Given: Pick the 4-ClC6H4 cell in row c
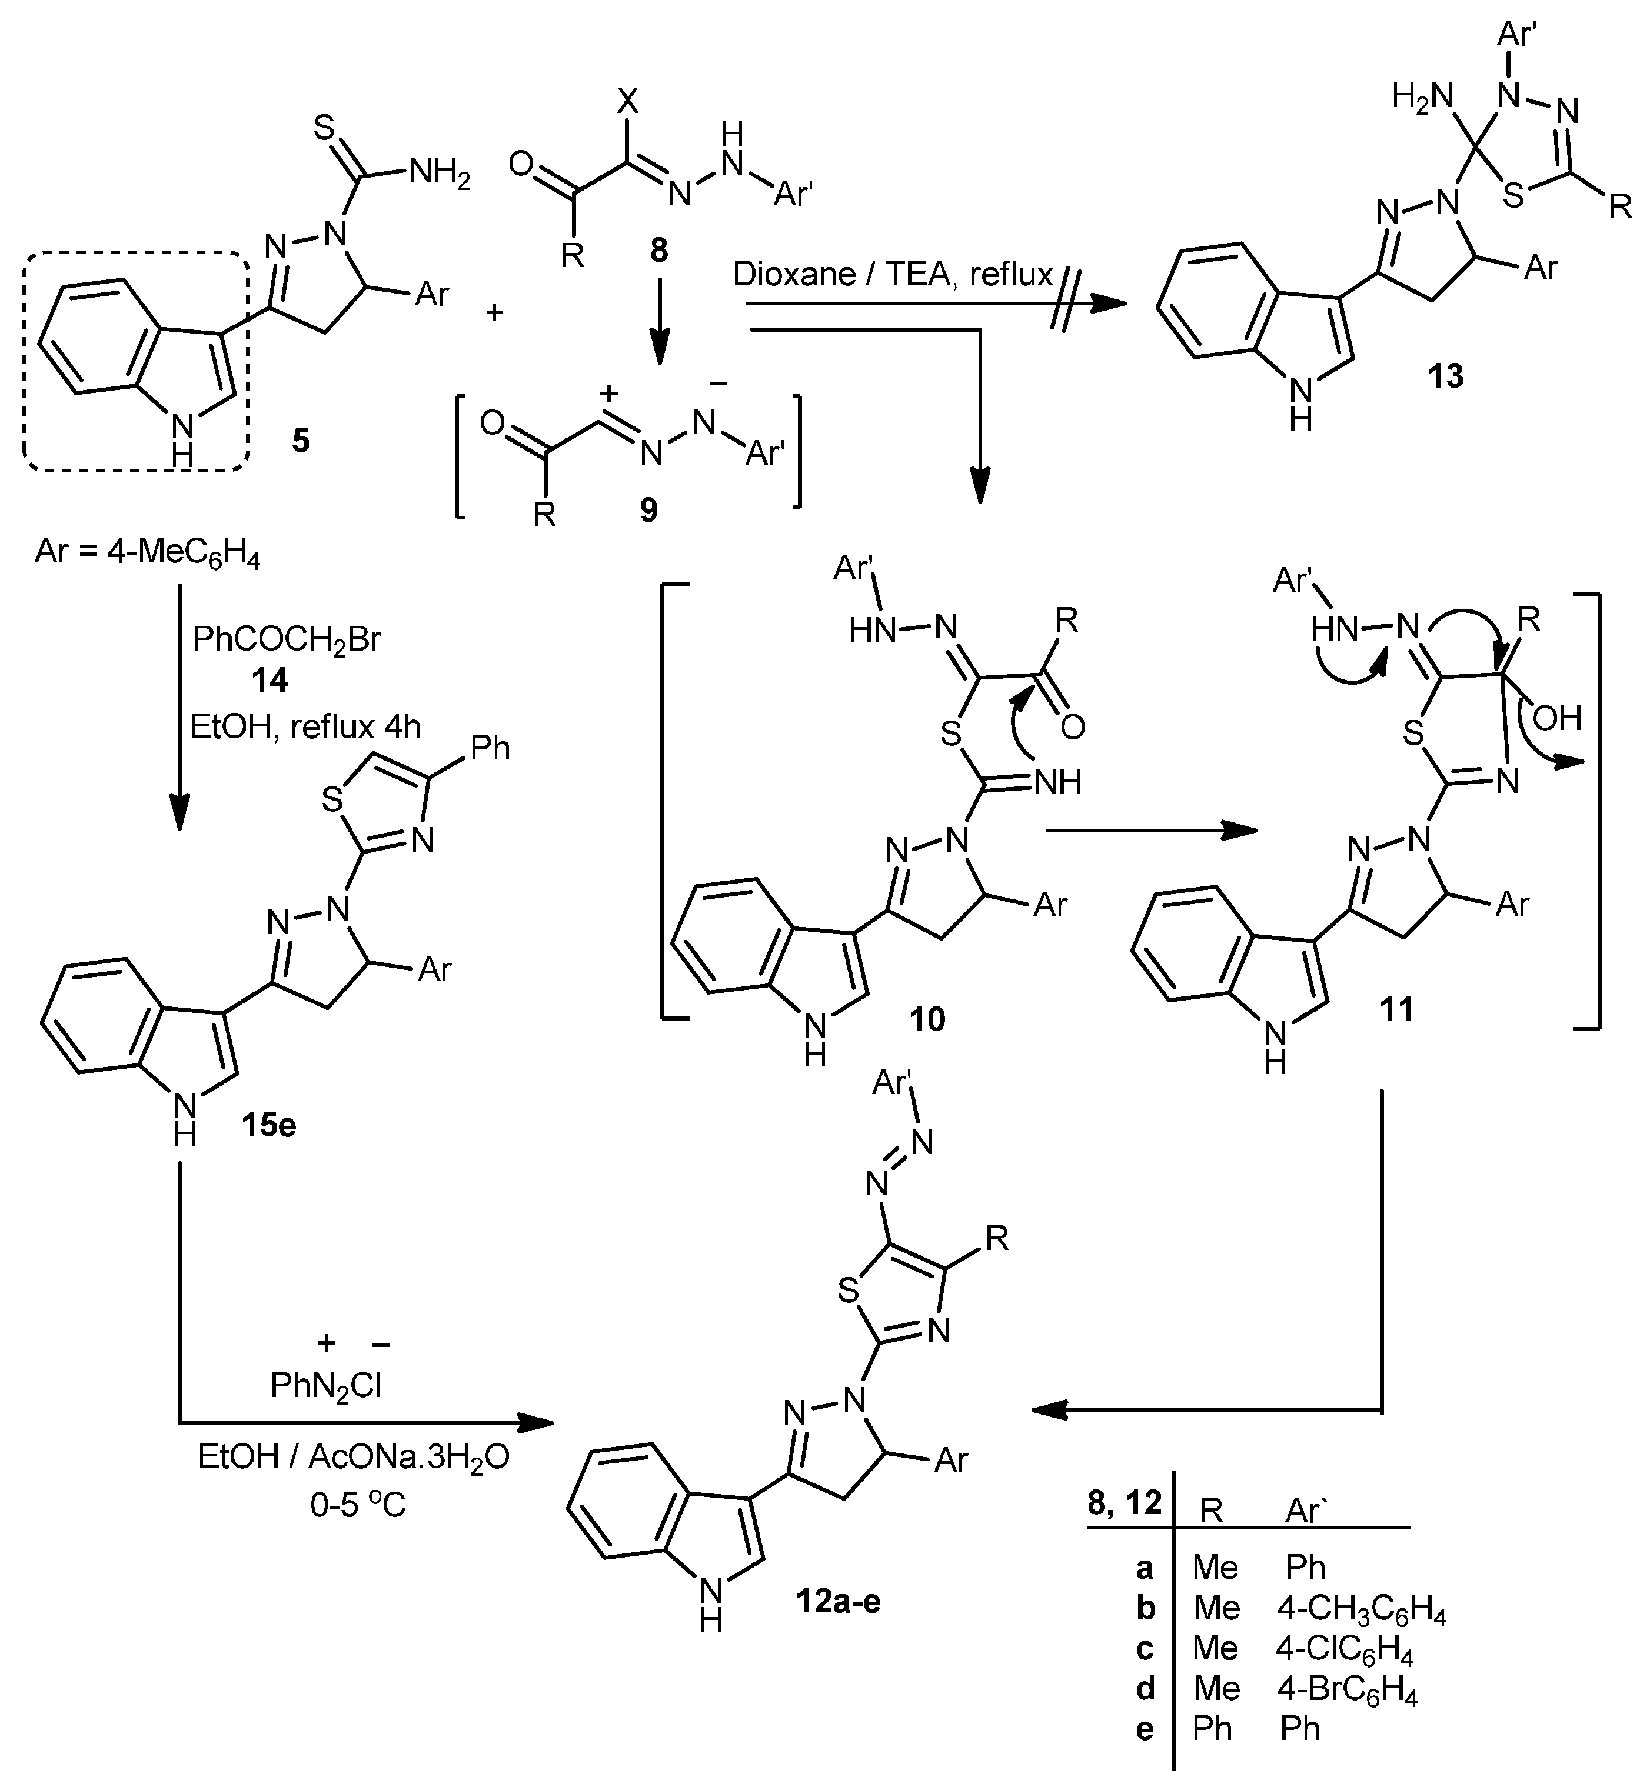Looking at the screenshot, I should (1344, 1648).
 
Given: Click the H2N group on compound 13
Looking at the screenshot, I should (1422, 96).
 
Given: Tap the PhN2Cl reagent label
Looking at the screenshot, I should (326, 1385).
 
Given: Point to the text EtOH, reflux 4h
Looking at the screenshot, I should (305, 726).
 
